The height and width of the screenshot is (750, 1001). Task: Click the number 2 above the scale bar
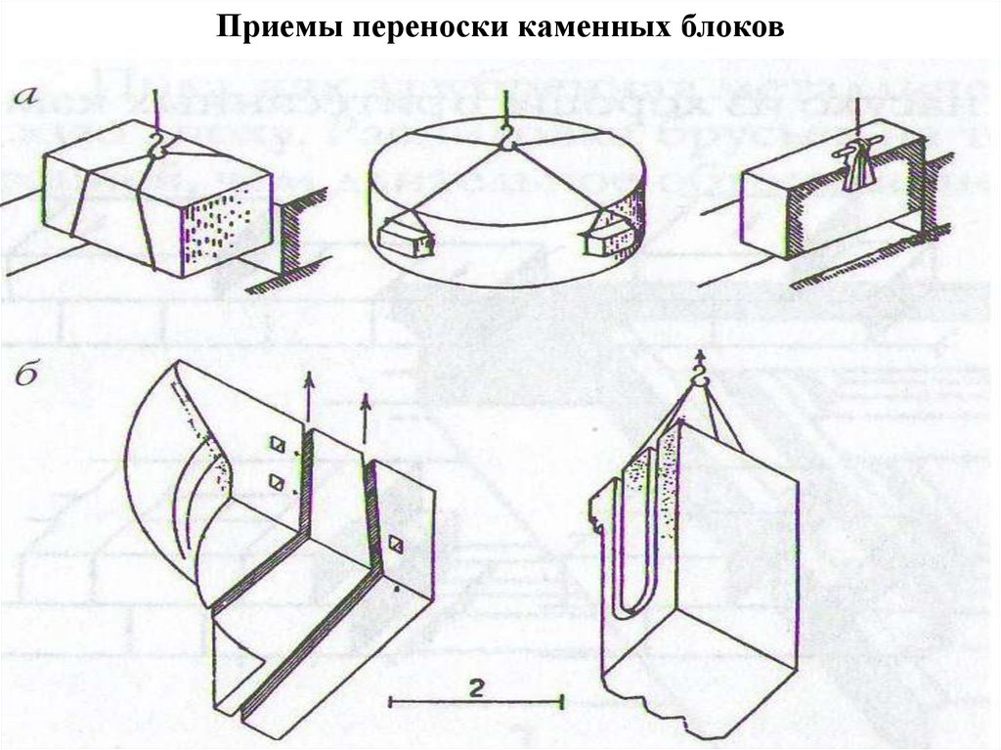coord(475,686)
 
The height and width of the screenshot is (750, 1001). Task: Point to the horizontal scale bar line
coord(476,700)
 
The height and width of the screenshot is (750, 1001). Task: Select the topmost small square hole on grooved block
coord(280,446)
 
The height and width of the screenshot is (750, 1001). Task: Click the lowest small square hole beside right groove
coord(396,544)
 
